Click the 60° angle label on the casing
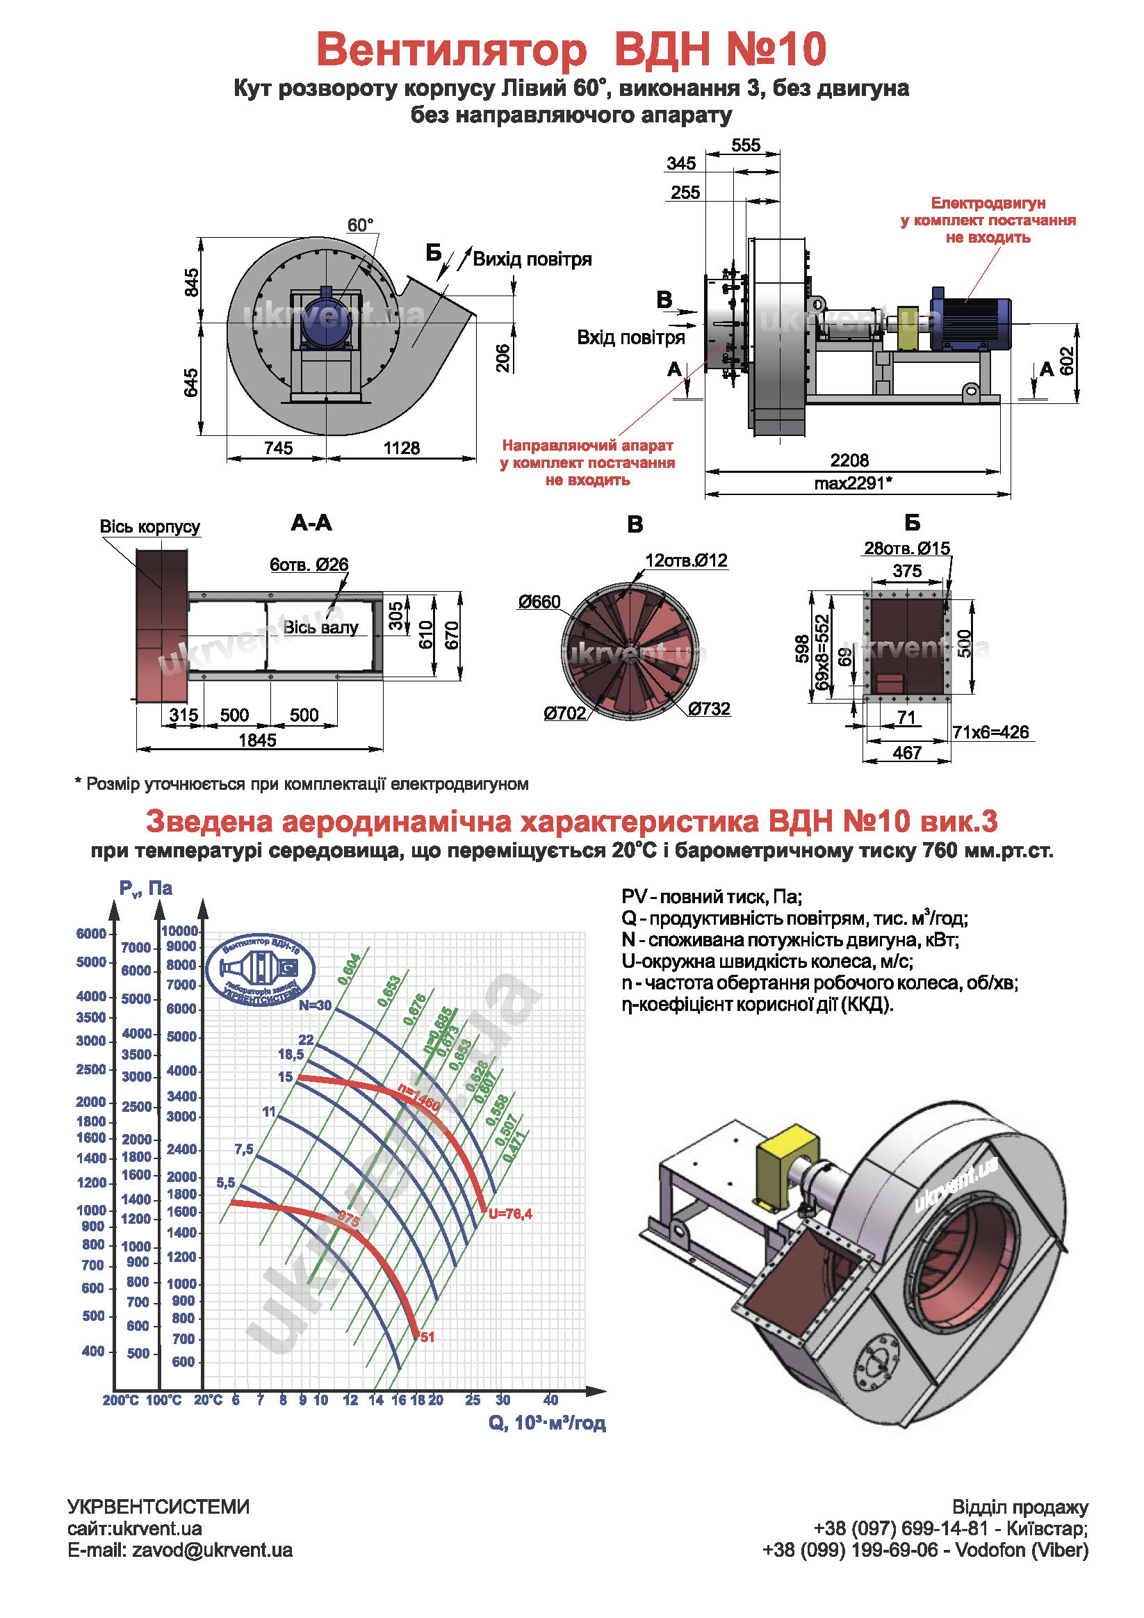(x=360, y=225)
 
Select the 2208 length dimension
(x=849, y=460)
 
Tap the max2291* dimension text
(x=852, y=483)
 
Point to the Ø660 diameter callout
(x=539, y=602)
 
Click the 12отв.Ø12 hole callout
(x=686, y=561)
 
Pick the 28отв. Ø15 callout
(x=906, y=549)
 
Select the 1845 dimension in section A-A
(x=257, y=740)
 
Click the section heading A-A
(x=311, y=523)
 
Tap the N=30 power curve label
(x=315, y=1005)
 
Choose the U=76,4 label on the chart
(x=510, y=1213)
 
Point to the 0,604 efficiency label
(x=350, y=970)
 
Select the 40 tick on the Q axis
(x=550, y=1400)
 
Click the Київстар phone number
(x=900, y=1528)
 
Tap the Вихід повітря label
(x=532, y=259)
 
